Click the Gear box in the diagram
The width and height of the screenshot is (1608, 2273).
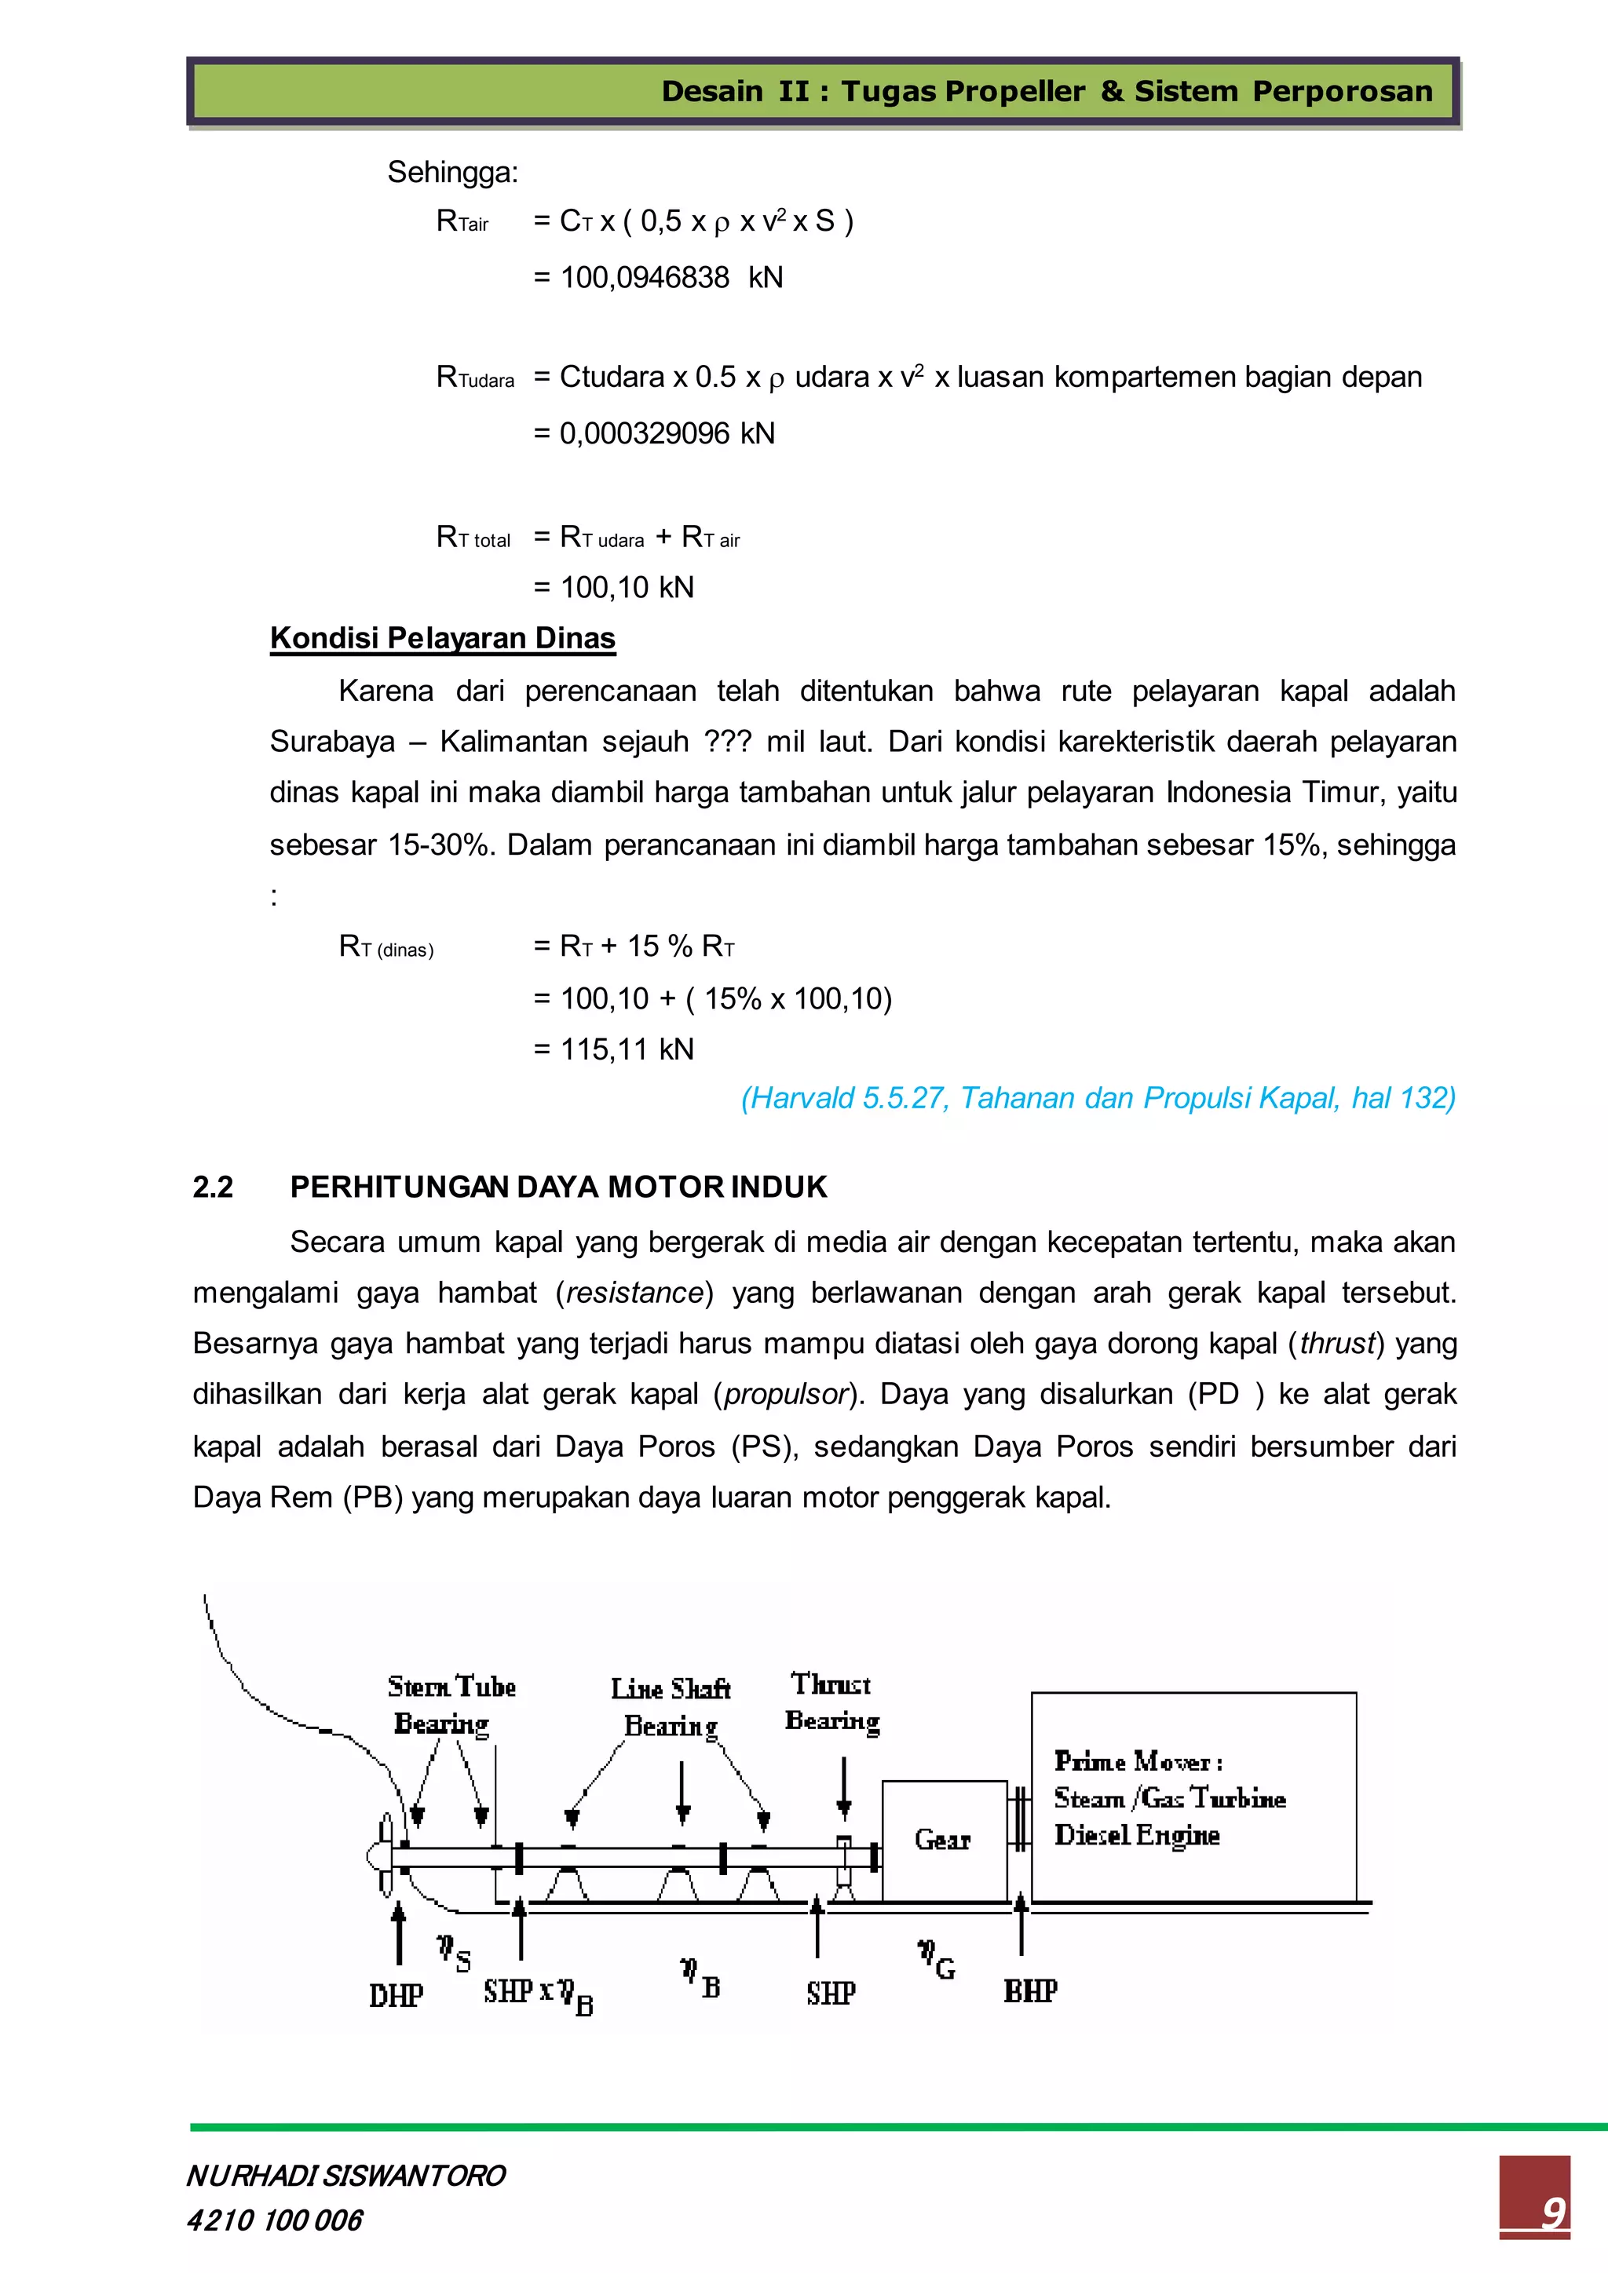point(944,1841)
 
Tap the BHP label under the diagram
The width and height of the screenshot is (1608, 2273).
point(1030,1991)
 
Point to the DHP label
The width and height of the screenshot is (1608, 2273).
point(396,1996)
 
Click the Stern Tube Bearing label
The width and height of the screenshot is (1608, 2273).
point(451,1705)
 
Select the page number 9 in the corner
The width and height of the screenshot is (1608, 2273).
point(1551,2213)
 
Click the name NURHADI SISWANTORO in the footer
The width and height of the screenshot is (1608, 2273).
point(345,2175)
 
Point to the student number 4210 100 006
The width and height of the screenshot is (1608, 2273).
point(274,2220)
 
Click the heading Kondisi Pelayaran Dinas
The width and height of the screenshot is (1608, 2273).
point(443,637)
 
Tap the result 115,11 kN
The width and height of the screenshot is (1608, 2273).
point(627,1049)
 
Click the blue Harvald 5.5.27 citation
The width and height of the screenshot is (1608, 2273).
point(1098,1098)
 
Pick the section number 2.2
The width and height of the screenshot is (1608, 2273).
point(213,1187)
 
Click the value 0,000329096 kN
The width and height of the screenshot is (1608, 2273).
point(667,433)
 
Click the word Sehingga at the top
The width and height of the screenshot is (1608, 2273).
point(452,172)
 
